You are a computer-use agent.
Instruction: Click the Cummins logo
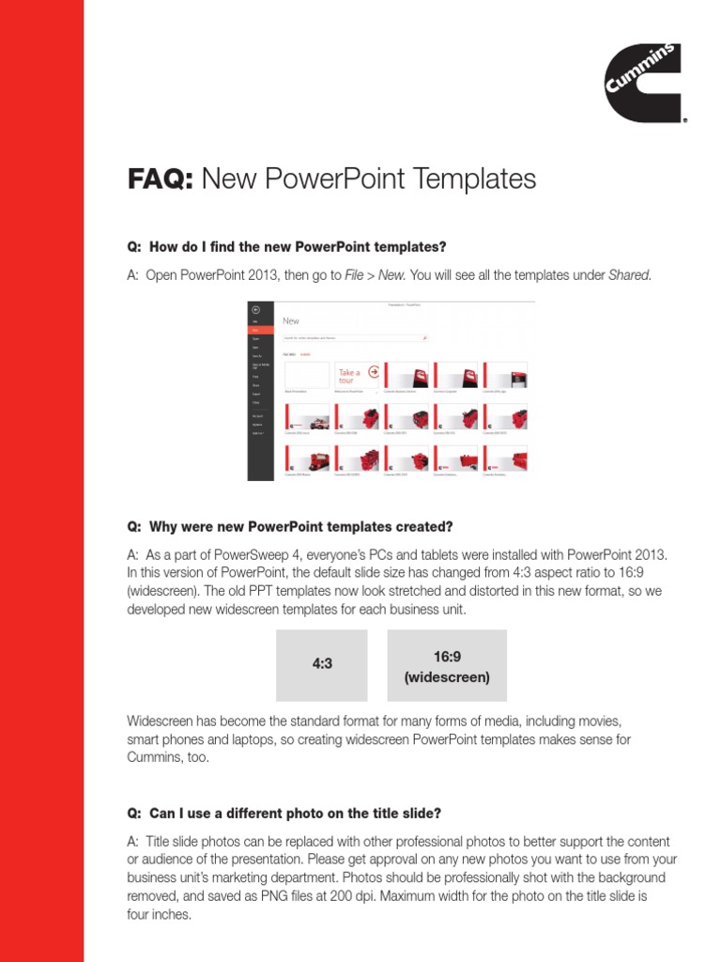click(645, 85)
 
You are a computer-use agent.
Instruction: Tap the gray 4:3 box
click(322, 664)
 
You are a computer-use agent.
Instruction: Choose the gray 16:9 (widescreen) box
click(447, 665)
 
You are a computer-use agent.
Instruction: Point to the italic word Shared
click(629, 275)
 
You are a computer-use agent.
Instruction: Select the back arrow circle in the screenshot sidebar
click(254, 309)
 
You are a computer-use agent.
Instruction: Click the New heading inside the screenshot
click(291, 320)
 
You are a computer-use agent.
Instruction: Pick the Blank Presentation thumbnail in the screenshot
click(306, 374)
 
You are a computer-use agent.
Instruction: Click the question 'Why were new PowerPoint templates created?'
click(300, 525)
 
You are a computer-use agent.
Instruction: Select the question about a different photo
click(295, 813)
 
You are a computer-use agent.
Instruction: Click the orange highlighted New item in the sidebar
click(253, 330)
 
